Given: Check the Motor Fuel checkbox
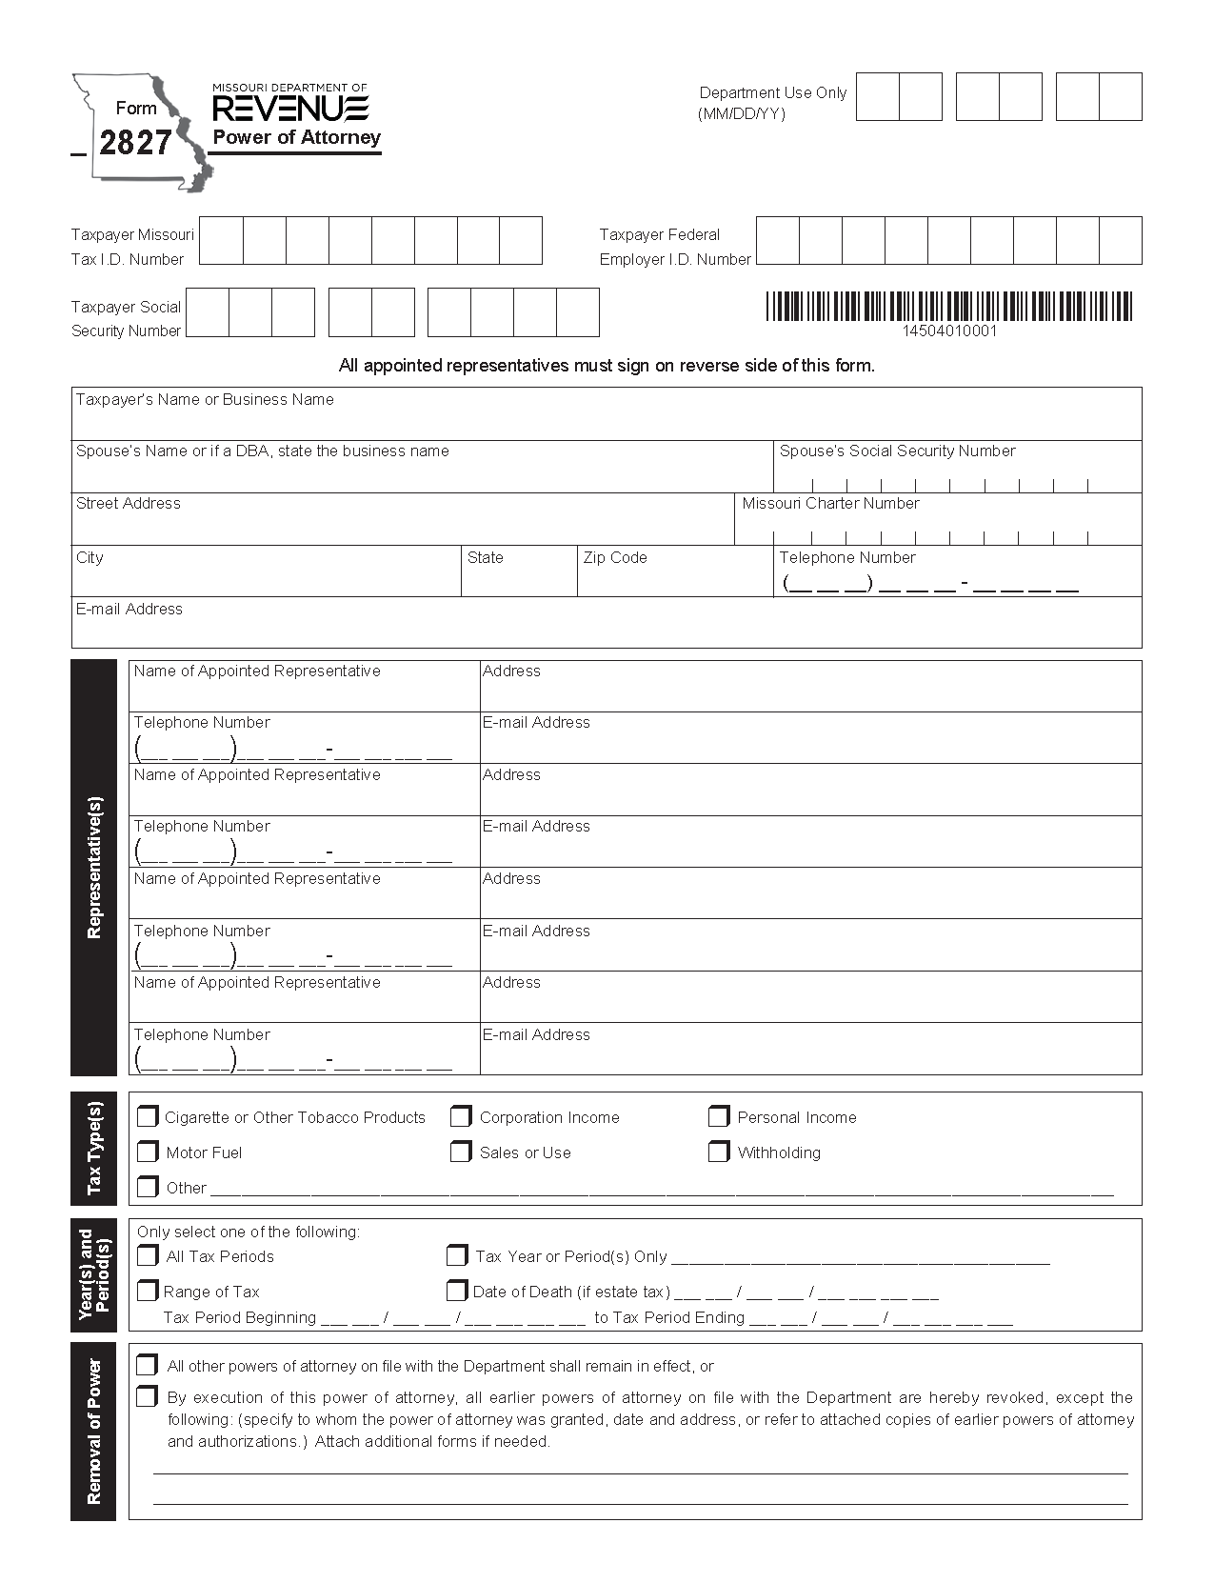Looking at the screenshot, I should tap(148, 1152).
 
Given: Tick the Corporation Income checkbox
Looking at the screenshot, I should tap(461, 1116).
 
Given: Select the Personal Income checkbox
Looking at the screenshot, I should tap(719, 1116).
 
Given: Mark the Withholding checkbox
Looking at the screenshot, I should tap(719, 1152).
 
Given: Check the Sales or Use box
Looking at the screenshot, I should tap(461, 1152).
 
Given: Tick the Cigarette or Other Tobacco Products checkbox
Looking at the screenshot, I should tap(148, 1116).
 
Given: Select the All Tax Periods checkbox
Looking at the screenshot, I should tap(148, 1255).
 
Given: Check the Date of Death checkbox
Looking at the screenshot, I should tap(456, 1291).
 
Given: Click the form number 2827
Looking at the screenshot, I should tap(135, 143).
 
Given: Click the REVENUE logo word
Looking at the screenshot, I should tap(290, 109).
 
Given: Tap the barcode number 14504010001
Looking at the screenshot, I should tap(949, 331).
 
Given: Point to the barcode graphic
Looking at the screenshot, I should tap(949, 306).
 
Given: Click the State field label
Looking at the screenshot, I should tap(485, 557).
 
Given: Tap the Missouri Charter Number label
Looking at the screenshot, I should tap(830, 503).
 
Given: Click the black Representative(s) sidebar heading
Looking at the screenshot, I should tap(93, 868).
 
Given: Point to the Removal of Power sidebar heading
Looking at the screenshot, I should tap(93, 1432).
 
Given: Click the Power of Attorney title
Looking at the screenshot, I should tap(296, 137).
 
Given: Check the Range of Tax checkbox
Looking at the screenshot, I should tap(148, 1291).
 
